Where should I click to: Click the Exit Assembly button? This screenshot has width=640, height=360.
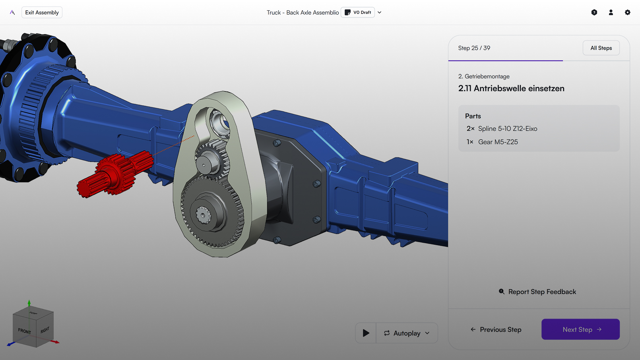point(42,13)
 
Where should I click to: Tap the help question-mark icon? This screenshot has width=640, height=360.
point(594,13)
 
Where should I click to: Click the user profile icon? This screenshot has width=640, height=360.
point(611,13)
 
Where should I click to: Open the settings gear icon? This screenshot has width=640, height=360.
point(627,13)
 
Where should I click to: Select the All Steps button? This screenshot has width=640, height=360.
point(601,48)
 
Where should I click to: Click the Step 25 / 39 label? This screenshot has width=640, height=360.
point(474,48)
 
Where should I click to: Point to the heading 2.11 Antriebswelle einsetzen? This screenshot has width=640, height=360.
point(511,89)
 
